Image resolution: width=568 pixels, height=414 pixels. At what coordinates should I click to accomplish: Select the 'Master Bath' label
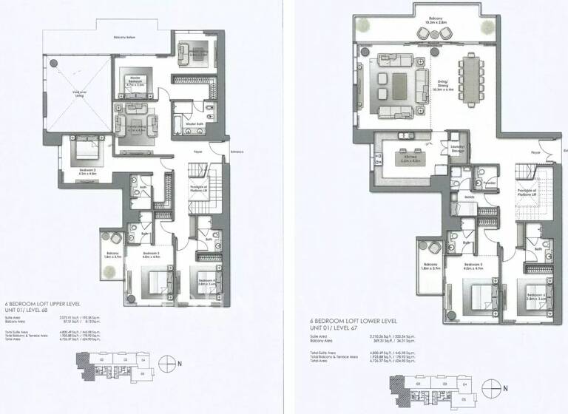point(195,123)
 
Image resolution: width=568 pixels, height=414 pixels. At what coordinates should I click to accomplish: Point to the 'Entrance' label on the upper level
point(236,153)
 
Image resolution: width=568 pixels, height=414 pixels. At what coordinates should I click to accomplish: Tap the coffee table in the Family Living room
point(134,123)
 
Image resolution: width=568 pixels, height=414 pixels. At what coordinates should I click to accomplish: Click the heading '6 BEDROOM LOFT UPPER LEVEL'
point(41,304)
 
